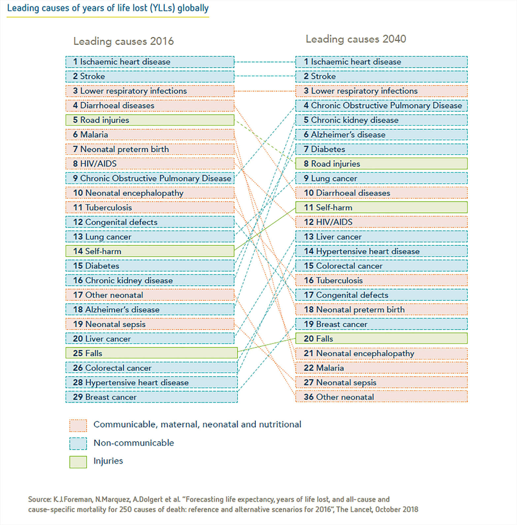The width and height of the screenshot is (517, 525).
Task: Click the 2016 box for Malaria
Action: [x=150, y=135]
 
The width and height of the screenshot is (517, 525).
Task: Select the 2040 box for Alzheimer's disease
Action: [x=381, y=135]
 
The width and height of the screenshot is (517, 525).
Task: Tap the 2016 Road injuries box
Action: [x=150, y=120]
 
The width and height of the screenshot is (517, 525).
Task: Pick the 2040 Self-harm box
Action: [x=381, y=208]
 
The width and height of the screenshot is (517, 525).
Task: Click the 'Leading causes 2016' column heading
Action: [x=123, y=41]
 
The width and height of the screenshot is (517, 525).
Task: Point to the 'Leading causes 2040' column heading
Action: [x=356, y=39]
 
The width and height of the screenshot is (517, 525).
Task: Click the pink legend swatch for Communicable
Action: [x=78, y=425]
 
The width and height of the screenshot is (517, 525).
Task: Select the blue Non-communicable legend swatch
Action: [x=78, y=443]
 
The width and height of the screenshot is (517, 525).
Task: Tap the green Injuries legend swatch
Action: [x=78, y=462]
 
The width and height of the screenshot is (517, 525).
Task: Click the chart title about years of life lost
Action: [x=108, y=8]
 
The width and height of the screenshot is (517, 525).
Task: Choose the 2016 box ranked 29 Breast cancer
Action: [x=151, y=397]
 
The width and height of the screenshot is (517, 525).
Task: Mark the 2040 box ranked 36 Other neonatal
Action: [x=381, y=397]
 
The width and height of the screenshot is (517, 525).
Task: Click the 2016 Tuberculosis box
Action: [x=150, y=208]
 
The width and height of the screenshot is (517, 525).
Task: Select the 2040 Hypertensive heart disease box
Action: [x=381, y=251]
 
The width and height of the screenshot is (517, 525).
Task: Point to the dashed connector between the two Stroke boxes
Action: [x=265, y=76]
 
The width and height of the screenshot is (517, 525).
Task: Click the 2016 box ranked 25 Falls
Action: [x=151, y=353]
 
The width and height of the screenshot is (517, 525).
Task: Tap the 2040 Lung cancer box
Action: [x=381, y=178]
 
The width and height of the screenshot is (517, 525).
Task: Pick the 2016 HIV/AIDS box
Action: [x=150, y=164]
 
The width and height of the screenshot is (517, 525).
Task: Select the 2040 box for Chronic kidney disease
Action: [x=381, y=120]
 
